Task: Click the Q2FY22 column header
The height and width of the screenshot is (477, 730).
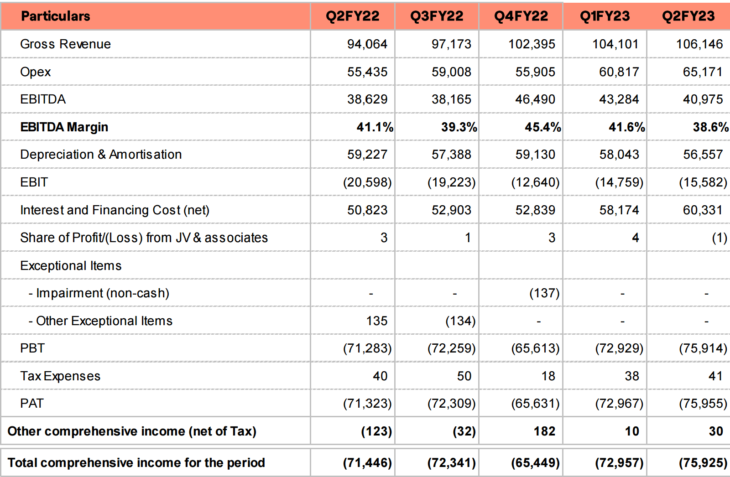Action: click(x=353, y=16)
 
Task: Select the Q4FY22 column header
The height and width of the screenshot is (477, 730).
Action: click(x=521, y=16)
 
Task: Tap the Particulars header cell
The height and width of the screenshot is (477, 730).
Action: click(x=55, y=16)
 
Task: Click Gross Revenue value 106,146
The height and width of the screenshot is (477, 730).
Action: click(x=699, y=44)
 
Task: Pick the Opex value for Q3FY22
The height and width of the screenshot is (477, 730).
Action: click(x=451, y=72)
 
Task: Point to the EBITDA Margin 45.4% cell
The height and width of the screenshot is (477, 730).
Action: click(x=543, y=127)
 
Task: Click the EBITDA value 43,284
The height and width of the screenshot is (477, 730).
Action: click(x=619, y=99)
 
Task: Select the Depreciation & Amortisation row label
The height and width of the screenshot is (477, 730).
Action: click(x=101, y=155)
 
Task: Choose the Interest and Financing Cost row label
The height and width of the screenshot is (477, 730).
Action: click(x=115, y=210)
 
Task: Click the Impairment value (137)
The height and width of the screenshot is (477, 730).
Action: click(x=545, y=293)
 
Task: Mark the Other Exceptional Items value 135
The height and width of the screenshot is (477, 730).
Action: click(x=377, y=321)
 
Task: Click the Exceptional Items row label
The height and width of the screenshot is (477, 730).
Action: click(x=71, y=266)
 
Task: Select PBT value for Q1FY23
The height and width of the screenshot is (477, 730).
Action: click(x=620, y=348)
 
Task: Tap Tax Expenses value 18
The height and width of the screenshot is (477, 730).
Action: click(x=548, y=376)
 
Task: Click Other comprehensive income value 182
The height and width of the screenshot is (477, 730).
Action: click(x=545, y=431)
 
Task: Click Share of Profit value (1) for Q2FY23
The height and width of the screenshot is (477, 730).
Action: click(x=720, y=238)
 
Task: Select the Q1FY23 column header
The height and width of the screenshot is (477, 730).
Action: click(x=605, y=16)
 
